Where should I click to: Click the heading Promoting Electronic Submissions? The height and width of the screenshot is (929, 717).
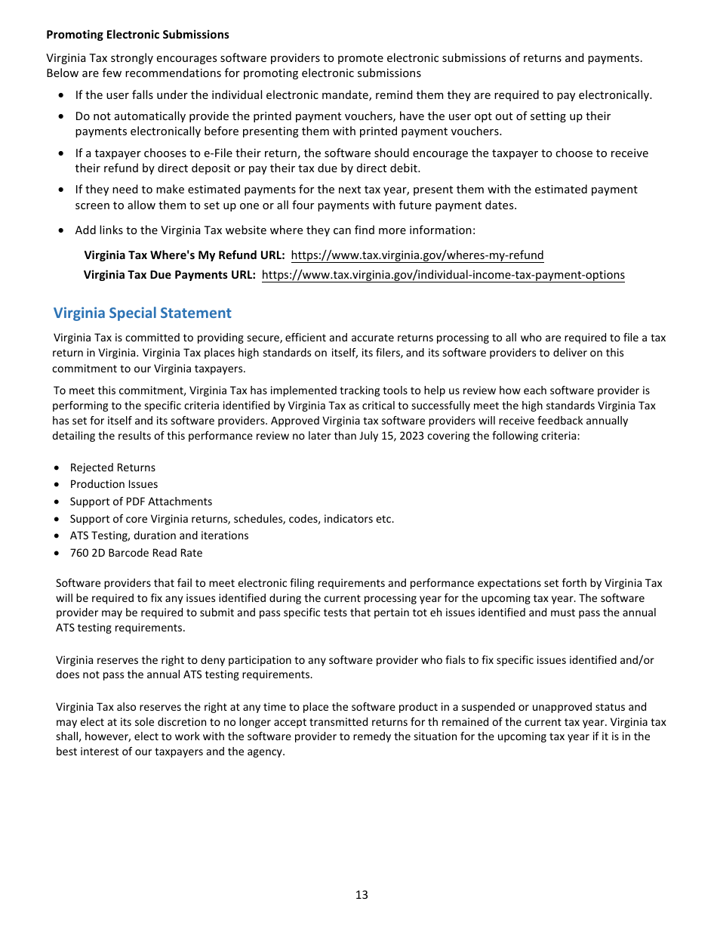coord(137,35)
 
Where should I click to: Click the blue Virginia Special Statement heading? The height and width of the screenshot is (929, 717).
coord(142,313)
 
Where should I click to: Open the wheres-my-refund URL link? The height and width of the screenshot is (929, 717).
coord(417,255)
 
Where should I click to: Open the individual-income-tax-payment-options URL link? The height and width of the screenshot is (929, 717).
coord(443,275)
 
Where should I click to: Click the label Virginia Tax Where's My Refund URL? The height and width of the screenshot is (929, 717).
coord(184,255)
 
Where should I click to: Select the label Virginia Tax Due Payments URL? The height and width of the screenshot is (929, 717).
coord(169,275)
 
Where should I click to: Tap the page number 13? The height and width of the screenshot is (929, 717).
coord(362,895)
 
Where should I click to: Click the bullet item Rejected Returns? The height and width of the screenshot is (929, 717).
coord(112,468)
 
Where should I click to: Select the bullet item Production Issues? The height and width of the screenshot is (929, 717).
coord(114,484)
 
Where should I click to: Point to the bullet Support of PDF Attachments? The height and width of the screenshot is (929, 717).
coord(140,502)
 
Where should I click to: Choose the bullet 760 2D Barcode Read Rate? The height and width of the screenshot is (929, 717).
coord(136,553)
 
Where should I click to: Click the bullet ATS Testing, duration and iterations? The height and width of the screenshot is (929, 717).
coord(158,535)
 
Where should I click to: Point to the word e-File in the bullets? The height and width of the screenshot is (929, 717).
coord(219,153)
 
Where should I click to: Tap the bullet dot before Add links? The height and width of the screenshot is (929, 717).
coord(61,230)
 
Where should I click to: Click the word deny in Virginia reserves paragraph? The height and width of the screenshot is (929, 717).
coord(192,660)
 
